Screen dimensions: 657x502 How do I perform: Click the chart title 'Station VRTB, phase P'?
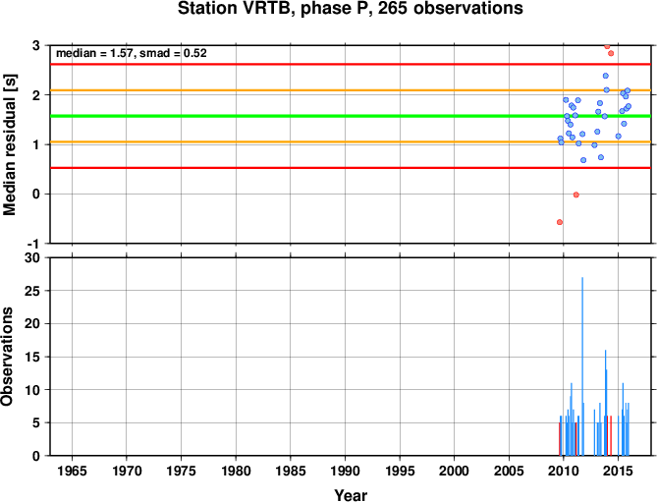point(274,9)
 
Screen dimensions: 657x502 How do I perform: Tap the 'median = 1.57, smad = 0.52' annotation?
point(132,53)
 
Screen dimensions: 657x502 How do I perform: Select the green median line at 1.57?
point(351,116)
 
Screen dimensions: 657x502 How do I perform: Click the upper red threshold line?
point(351,64)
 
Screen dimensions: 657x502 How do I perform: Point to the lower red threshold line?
point(351,168)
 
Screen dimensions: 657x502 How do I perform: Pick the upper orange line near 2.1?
point(351,90)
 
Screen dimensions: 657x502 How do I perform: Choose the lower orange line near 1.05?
point(351,142)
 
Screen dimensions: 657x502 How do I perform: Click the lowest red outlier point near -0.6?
point(560,222)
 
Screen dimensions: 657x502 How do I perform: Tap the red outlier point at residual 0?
point(576,195)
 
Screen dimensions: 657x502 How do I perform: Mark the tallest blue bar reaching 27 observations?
point(582,366)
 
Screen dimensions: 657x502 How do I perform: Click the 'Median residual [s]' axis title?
point(9,144)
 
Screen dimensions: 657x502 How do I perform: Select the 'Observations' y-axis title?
point(7,357)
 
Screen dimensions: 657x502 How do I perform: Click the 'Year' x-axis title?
point(351,495)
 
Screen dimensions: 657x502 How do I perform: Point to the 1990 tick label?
point(345,471)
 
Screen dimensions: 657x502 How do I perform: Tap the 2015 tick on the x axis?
point(618,471)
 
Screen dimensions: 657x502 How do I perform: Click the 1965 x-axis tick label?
point(72,471)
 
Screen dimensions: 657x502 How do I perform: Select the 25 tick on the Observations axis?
point(32,291)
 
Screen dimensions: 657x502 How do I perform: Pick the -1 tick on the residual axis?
point(36,244)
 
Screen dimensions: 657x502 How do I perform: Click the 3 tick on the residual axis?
point(36,45)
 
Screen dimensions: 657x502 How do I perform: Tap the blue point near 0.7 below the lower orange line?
point(583,160)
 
